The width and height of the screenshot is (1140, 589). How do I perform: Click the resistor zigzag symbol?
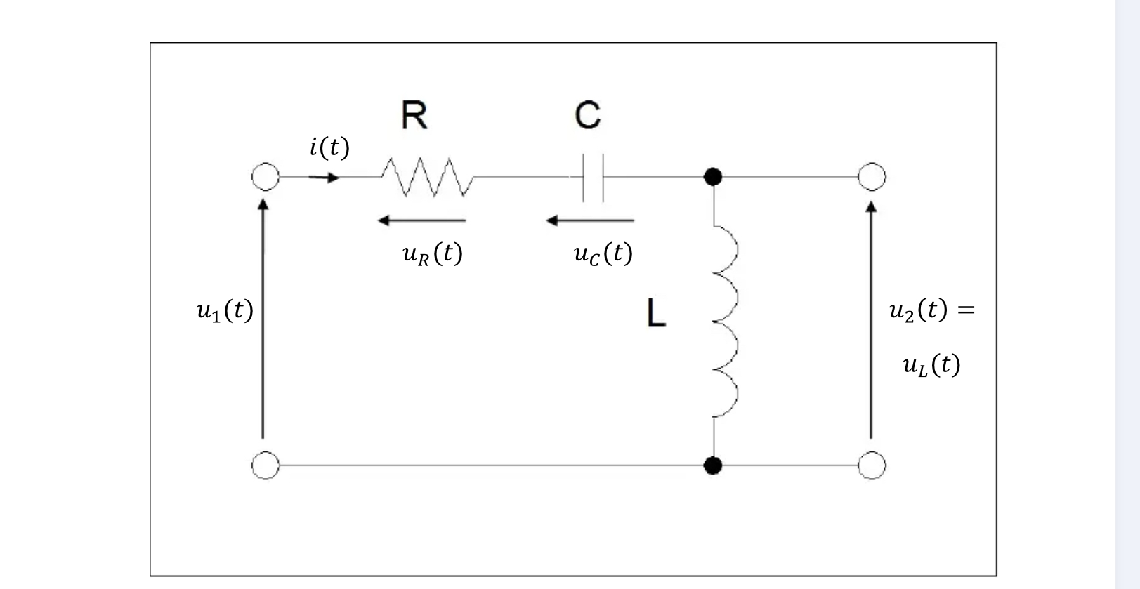pyautogui.click(x=427, y=177)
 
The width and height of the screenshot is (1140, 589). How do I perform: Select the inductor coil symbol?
pyautogui.click(x=723, y=321)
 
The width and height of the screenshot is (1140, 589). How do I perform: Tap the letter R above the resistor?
pyautogui.click(x=414, y=116)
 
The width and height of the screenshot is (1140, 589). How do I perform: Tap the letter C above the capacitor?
pyautogui.click(x=587, y=116)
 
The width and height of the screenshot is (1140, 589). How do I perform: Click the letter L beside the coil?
pyautogui.click(x=655, y=313)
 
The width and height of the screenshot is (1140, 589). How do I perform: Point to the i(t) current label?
pyautogui.click(x=329, y=147)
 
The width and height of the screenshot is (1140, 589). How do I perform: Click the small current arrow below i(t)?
pyautogui.click(x=324, y=178)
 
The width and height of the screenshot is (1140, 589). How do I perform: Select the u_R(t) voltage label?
pyautogui.click(x=432, y=253)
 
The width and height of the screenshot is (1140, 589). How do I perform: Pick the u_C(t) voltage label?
pyautogui.click(x=603, y=253)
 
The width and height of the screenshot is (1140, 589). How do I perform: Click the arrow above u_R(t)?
pyautogui.click(x=421, y=220)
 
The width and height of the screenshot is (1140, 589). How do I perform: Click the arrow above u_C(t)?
pyautogui.click(x=590, y=220)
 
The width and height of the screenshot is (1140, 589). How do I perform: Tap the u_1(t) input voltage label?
pyautogui.click(x=224, y=310)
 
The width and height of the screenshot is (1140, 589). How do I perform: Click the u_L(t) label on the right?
pyautogui.click(x=931, y=365)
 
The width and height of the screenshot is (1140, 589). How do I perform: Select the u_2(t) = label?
pyautogui.click(x=931, y=310)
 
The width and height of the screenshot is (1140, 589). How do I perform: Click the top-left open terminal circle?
pyautogui.click(x=265, y=177)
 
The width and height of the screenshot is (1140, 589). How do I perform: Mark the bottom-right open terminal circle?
pyautogui.click(x=872, y=465)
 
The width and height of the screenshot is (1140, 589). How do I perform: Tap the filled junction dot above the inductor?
pyautogui.click(x=713, y=177)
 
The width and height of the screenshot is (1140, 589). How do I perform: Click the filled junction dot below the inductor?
pyautogui.click(x=713, y=465)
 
